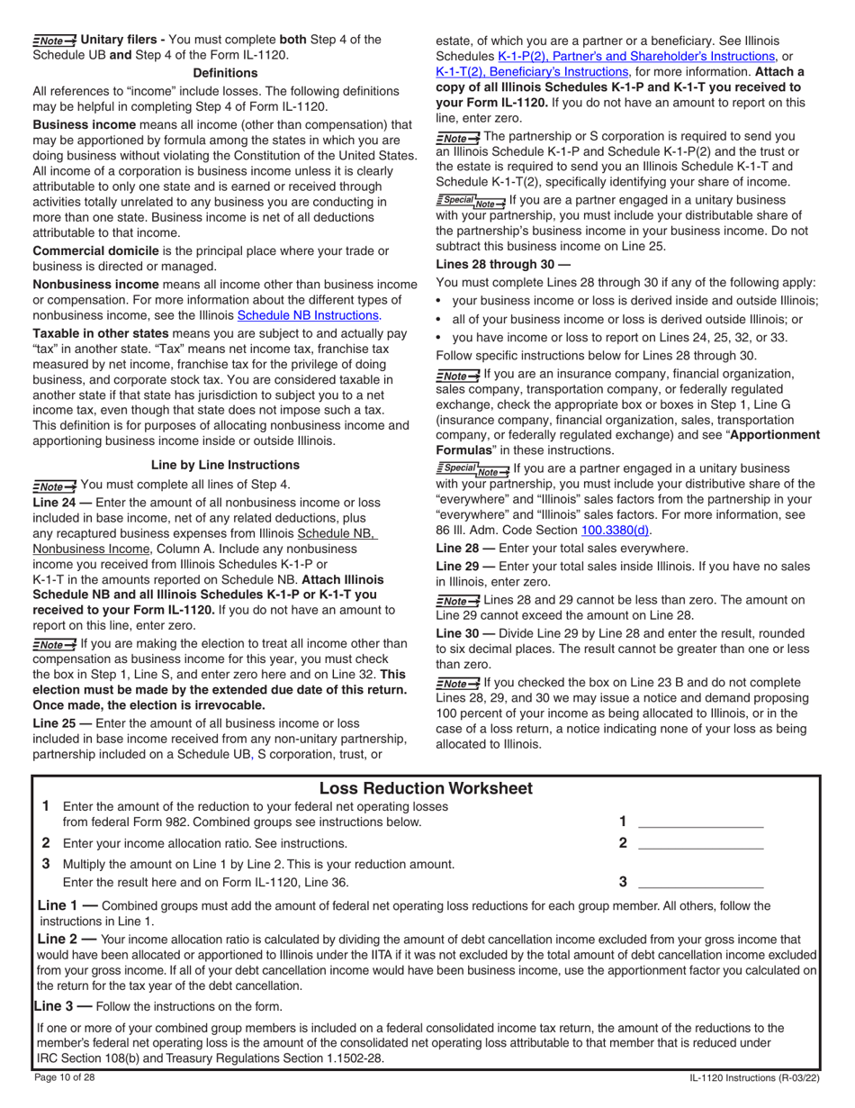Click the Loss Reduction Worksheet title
427,788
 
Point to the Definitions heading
225,72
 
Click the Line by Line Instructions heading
225,465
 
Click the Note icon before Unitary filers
54,41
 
